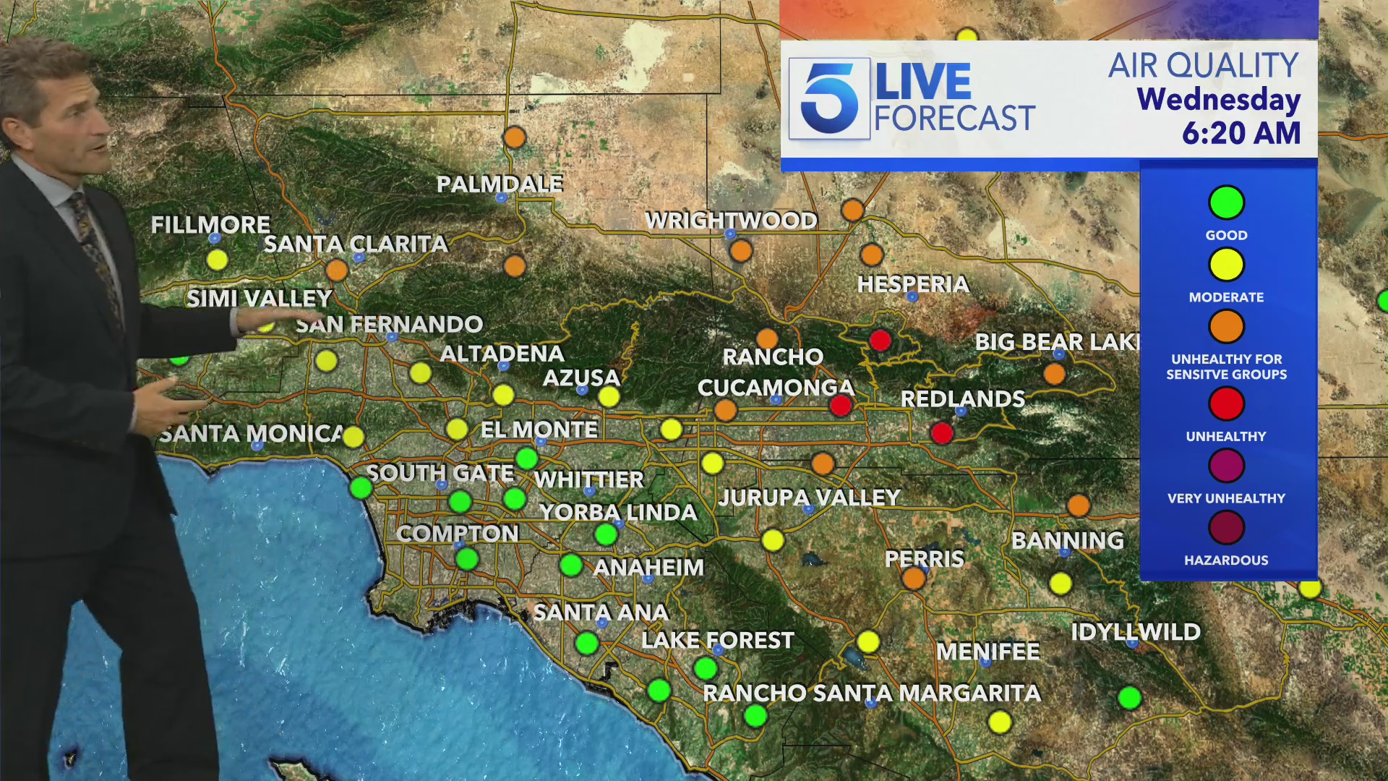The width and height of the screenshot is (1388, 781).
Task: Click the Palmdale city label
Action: [500, 184]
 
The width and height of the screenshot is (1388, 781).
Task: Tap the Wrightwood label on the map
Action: [731, 220]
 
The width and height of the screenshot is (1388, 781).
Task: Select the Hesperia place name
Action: [913, 284]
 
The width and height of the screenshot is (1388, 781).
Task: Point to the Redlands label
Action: [962, 398]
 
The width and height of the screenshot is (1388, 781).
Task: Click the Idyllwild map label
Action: [1135, 632]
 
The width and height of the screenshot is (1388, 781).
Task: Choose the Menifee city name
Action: [988, 652]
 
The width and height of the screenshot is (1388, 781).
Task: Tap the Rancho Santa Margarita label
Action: [872, 693]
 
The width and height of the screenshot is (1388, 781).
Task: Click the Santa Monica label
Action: [251, 433]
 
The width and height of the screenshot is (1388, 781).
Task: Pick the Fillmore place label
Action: [210, 225]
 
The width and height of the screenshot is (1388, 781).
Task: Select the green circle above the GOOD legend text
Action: [1226, 202]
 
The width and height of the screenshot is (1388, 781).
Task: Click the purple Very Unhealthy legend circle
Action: [1226, 466]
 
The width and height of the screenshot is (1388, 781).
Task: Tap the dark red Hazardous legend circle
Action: [1226, 528]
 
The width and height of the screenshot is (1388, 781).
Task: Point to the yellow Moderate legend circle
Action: [1226, 265]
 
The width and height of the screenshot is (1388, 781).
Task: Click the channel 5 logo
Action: [829, 98]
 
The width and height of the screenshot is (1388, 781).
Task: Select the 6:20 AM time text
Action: [1241, 133]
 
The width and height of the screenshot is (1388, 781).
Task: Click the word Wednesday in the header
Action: [1218, 99]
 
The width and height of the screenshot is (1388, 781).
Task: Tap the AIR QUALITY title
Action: [1204, 65]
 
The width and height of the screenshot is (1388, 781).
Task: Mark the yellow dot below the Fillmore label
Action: [217, 260]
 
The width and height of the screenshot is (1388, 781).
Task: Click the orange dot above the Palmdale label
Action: [514, 137]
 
